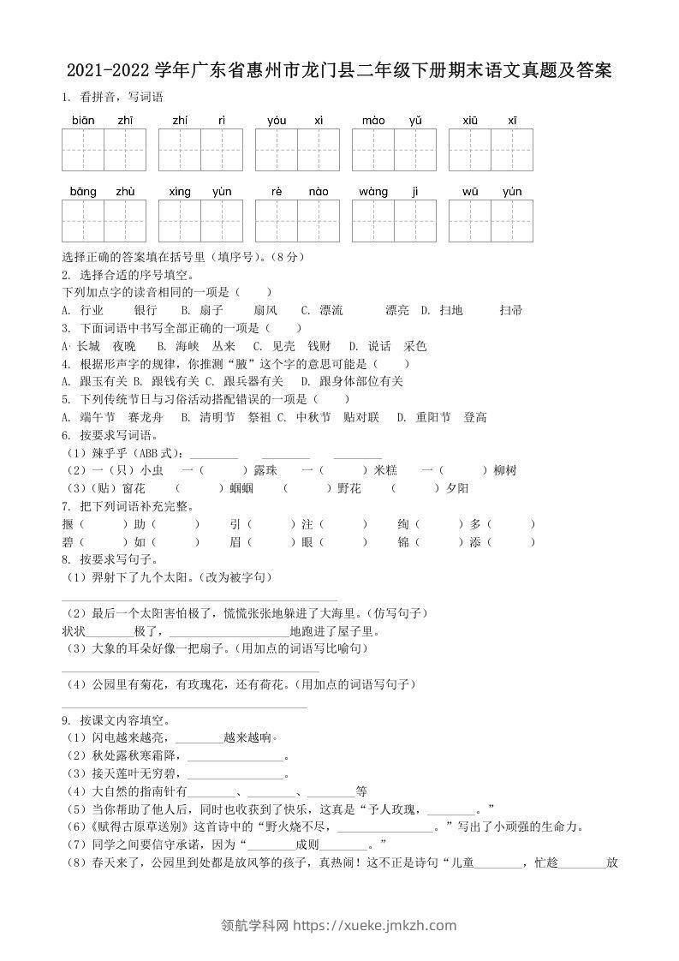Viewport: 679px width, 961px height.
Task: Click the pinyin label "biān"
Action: point(83,120)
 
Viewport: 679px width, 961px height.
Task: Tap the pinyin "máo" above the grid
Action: point(373,120)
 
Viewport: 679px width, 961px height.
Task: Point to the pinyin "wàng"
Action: point(373,191)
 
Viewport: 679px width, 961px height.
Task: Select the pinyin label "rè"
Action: point(277,191)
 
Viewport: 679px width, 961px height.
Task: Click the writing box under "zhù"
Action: point(125,221)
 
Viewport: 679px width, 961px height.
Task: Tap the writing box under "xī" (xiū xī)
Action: point(512,150)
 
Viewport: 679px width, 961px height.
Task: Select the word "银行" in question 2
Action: point(146,310)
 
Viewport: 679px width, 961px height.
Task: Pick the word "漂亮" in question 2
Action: point(396,310)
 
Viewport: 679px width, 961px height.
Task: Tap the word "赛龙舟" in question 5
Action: point(145,417)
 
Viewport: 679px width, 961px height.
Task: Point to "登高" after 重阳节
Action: point(475,417)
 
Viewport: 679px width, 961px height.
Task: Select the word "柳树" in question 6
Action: point(506,470)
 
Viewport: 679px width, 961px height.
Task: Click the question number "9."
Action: point(67,720)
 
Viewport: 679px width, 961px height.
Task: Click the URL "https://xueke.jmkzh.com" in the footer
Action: point(375,925)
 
